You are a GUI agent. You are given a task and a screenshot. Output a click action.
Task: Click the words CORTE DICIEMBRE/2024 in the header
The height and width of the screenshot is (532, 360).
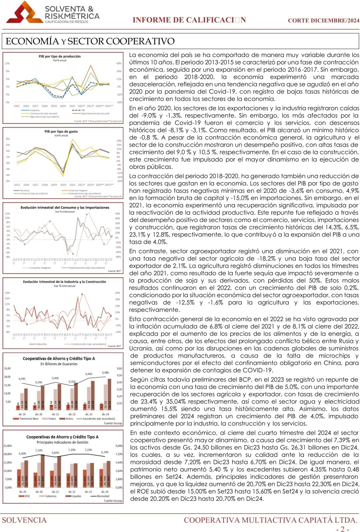pyautogui.click(x=323, y=20)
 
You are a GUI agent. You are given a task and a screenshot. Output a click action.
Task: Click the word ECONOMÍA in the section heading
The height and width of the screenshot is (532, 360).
pyautogui.click(x=32, y=41)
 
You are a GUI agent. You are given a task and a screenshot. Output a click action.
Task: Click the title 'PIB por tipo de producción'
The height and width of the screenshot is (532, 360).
pyautogui.click(x=60, y=56)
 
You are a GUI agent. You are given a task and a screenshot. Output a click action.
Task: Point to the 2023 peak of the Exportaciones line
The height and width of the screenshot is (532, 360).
pyautogui.click(x=91, y=66)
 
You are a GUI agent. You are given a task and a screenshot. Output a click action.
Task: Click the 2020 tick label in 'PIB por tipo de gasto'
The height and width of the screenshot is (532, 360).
pyautogui.click(x=63, y=185)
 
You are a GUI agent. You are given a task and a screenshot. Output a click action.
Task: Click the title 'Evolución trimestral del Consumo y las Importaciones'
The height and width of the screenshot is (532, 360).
pyautogui.click(x=65, y=207)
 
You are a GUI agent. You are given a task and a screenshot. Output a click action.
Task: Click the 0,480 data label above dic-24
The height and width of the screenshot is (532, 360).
pyautogui.click(x=105, y=373)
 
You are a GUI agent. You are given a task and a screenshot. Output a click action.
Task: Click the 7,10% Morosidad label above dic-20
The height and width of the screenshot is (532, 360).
pyautogui.click(x=39, y=450)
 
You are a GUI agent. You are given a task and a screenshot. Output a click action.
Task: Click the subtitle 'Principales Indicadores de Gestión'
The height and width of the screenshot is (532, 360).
pyautogui.click(x=62, y=442)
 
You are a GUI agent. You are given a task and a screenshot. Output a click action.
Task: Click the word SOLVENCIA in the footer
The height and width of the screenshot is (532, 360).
pyautogui.click(x=24, y=520)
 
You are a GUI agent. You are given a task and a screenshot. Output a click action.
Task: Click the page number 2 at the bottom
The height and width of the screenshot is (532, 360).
pyautogui.click(x=343, y=529)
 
